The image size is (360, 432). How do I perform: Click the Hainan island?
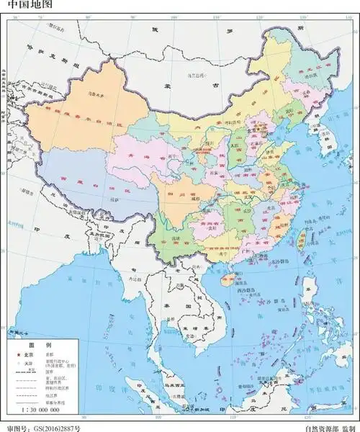[x=221, y=276]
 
